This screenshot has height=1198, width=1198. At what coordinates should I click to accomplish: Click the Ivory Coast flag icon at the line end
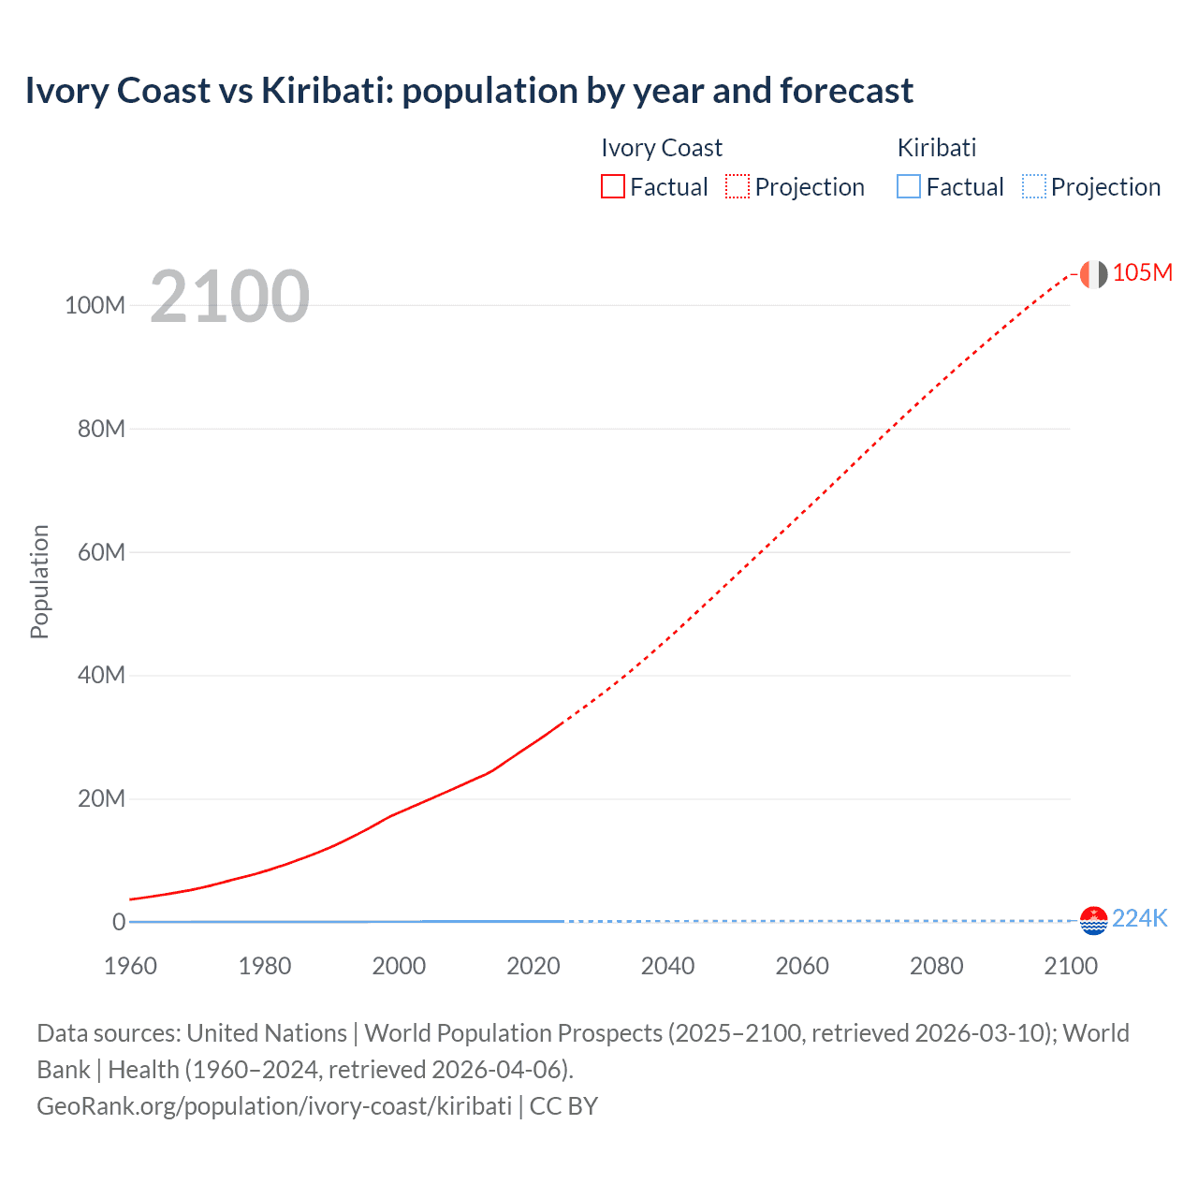(1093, 273)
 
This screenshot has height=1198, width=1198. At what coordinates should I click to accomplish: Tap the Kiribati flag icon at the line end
(1093, 920)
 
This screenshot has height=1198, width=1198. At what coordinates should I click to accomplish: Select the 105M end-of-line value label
(1142, 272)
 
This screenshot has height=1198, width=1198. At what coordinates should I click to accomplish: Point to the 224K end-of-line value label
(1140, 918)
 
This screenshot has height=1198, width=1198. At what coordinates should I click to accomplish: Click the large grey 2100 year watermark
(229, 296)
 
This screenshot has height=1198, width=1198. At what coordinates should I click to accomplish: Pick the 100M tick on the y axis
(95, 306)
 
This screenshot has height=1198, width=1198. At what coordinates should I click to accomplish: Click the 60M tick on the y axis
(101, 552)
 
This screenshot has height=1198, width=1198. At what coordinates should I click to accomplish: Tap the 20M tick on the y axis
(101, 799)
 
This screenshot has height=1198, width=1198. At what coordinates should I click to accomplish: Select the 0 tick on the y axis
(119, 922)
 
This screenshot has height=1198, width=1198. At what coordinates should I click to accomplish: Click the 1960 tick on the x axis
(130, 966)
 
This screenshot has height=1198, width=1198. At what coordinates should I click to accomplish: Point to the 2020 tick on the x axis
(533, 966)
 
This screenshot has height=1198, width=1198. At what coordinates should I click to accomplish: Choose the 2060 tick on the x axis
(801, 966)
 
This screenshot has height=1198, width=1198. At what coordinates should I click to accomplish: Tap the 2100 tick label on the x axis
(1070, 966)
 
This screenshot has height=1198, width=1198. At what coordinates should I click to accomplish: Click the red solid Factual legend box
(613, 187)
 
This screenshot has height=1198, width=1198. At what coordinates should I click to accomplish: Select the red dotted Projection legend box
(738, 187)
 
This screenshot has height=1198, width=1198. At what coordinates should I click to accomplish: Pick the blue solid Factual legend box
(909, 187)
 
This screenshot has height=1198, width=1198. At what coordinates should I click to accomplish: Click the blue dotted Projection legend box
(1034, 187)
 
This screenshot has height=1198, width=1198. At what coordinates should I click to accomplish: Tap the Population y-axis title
(39, 581)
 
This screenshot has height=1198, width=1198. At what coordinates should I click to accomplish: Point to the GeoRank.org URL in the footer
(274, 1106)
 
